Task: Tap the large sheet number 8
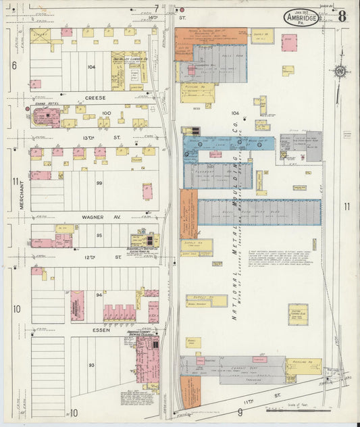click(342, 16)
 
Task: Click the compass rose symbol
click(340, 70)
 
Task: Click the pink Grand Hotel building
click(46, 118)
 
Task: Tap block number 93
click(91, 365)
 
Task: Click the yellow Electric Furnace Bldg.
click(298, 314)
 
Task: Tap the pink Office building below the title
click(289, 42)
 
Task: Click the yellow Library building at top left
click(40, 36)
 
